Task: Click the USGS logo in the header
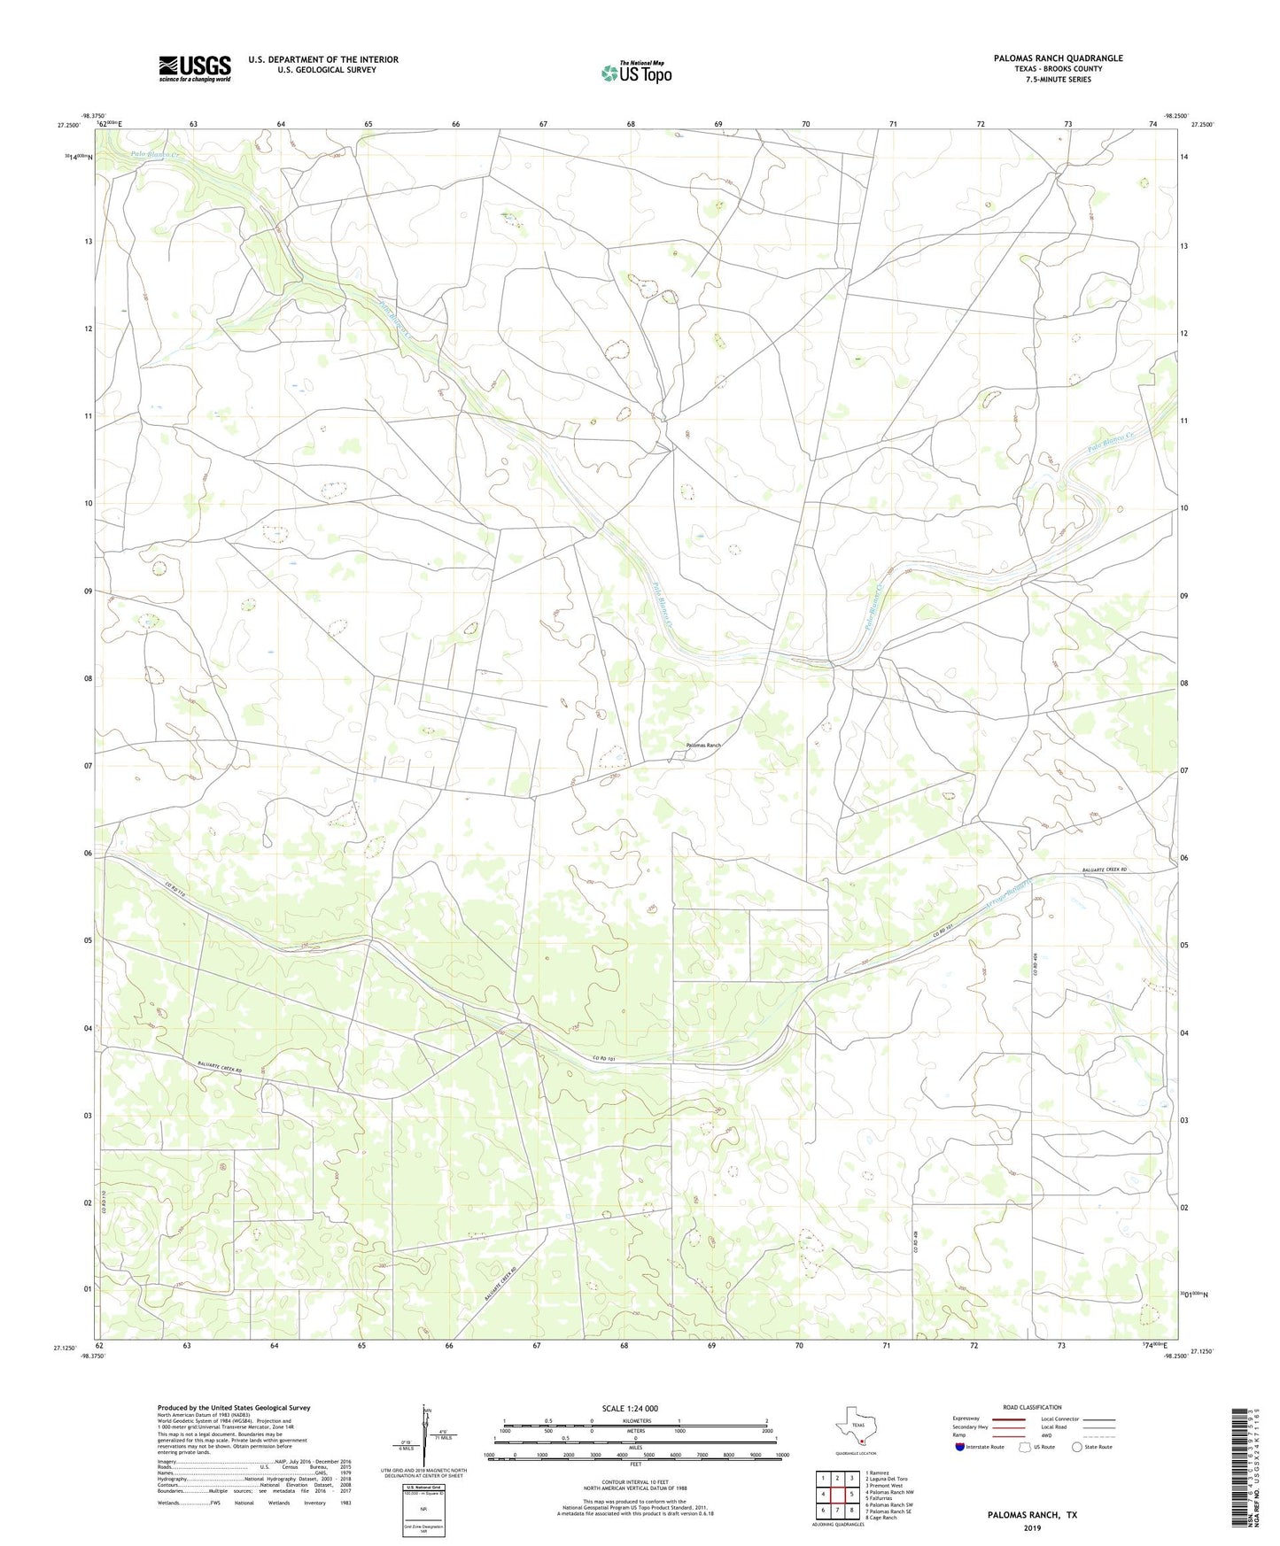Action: point(195,68)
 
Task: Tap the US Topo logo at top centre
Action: point(635,73)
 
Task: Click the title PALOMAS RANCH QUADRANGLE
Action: point(1045,58)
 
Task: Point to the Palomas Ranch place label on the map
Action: point(702,746)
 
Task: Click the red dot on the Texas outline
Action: point(861,1441)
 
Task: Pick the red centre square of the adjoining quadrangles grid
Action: point(837,1494)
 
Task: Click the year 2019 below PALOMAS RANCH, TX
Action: point(1032,1527)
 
